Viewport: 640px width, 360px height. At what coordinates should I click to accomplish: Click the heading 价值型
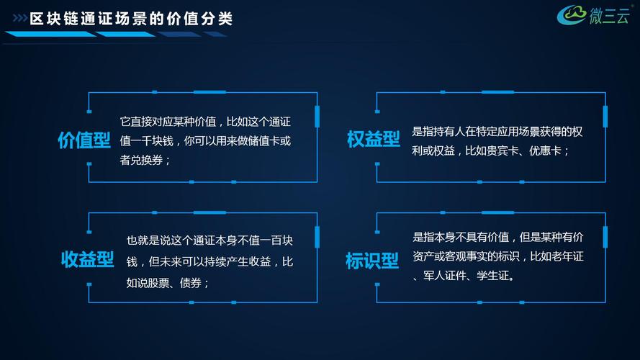tap(84, 140)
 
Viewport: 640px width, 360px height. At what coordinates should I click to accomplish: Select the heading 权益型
tap(373, 139)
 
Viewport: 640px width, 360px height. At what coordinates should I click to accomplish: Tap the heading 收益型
tap(87, 259)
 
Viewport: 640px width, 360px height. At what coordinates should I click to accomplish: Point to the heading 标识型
tap(372, 261)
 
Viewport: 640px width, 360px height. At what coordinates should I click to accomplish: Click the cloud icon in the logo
tap(572, 14)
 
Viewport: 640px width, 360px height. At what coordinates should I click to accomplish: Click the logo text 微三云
tap(609, 16)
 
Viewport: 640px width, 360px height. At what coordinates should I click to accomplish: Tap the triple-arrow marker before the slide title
tap(19, 18)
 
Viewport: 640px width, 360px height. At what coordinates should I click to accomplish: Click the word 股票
tap(158, 283)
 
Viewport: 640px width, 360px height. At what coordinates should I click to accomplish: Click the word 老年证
tap(567, 256)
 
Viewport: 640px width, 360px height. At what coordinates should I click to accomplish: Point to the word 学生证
tap(492, 276)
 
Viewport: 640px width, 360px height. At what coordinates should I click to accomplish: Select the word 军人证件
tap(444, 276)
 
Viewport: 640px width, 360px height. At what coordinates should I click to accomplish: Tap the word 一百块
tap(276, 240)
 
